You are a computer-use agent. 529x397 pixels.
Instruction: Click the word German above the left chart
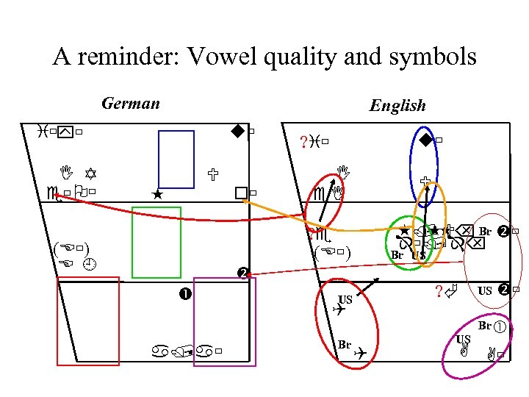tap(131, 103)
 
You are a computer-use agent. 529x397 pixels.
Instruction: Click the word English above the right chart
tap(397, 106)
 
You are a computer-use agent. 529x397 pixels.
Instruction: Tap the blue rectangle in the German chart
tap(176, 159)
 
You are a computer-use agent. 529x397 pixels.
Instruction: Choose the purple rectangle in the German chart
tap(224, 321)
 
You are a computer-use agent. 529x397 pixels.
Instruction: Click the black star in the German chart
tap(156, 195)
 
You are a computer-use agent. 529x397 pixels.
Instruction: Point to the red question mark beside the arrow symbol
tap(438, 292)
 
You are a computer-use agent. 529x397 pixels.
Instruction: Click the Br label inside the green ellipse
tap(397, 255)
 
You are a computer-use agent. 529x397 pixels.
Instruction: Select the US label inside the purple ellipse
tap(463, 339)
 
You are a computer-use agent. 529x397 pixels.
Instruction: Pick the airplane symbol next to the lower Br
tap(359, 354)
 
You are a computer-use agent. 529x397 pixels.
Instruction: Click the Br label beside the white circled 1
tap(485, 325)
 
